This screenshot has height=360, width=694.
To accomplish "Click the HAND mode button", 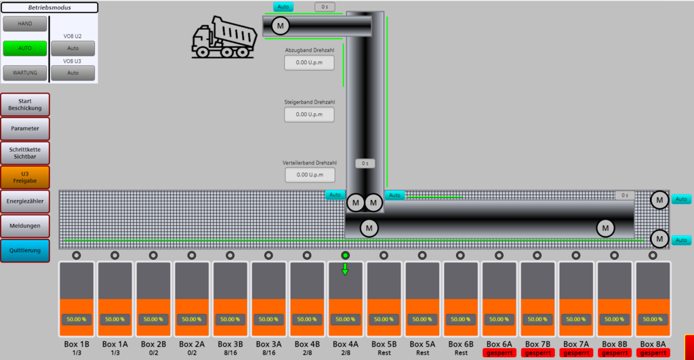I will click(24, 24).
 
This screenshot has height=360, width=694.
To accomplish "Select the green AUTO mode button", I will click(24, 48).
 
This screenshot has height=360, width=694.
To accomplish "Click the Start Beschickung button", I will click(24, 104).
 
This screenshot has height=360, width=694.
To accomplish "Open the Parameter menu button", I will click(24, 128).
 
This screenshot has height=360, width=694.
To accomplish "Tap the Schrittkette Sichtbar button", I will click(24, 152).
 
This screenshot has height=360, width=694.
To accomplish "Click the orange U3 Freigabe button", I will click(24, 177).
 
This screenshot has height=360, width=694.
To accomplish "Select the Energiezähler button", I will click(24, 201).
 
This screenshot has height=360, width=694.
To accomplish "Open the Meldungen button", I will click(24, 225).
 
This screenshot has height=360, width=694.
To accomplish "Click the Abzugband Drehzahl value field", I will click(309, 62).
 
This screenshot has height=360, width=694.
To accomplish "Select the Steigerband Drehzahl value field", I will click(309, 115).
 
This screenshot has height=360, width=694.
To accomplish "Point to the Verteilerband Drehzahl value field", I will click(309, 175).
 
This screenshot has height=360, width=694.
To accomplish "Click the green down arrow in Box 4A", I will click(345, 269).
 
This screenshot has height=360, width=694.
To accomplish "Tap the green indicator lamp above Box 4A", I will click(346, 256).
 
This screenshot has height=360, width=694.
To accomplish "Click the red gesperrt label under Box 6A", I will click(499, 353).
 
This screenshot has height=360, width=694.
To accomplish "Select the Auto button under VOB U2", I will click(73, 48).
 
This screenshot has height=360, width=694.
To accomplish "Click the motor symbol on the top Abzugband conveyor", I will click(280, 26).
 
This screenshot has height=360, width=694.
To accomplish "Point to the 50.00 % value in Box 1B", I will click(76, 319).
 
